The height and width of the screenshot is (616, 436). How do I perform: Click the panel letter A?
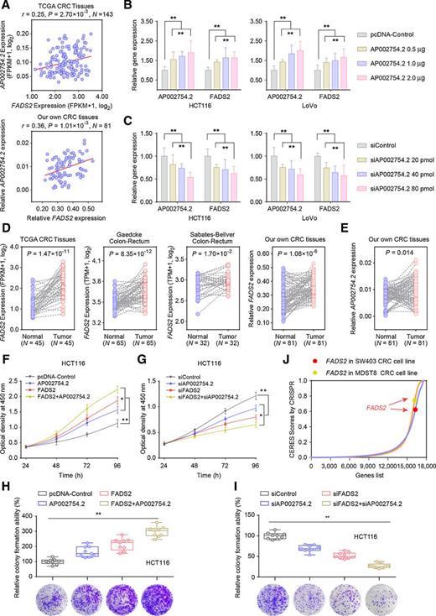pos(6,7)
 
